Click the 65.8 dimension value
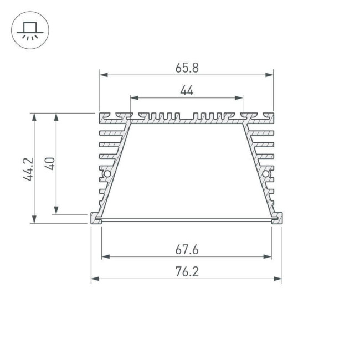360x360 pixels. pyautogui.click(x=187, y=68)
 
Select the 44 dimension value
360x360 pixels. pyautogui.click(x=187, y=91)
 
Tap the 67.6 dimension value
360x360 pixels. pyautogui.click(x=187, y=250)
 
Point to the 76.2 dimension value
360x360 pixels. pyautogui.click(x=187, y=272)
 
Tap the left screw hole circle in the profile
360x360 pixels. pyautogui.click(x=107, y=175)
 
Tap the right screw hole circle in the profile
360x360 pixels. pyautogui.click(x=266, y=175)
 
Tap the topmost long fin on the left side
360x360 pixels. pyautogui.click(x=110, y=133)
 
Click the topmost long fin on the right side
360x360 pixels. pyautogui.click(x=263, y=133)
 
